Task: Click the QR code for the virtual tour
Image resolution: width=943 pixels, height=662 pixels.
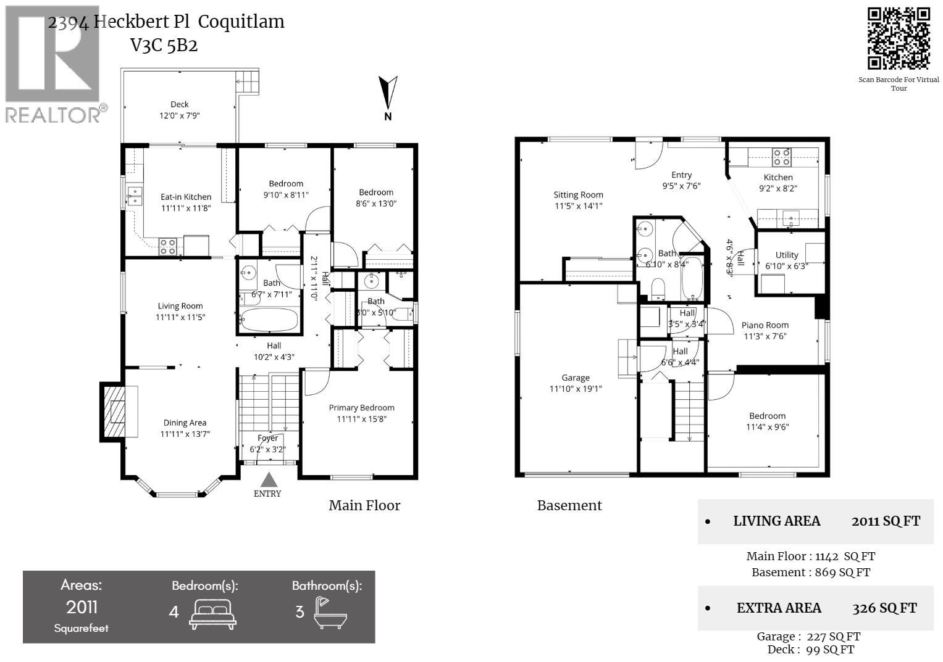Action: (899, 38)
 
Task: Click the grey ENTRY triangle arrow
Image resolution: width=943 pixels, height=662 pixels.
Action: (268, 480)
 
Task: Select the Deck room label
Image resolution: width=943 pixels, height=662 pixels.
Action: (180, 104)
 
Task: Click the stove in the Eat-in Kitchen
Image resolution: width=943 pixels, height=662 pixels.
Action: (167, 246)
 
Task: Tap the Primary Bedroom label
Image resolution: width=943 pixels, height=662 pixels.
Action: (361, 408)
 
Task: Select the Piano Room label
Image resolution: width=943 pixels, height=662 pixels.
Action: (765, 325)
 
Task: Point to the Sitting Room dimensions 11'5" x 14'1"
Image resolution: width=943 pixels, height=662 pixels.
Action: (578, 206)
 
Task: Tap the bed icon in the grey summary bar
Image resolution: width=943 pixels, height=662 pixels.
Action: (212, 613)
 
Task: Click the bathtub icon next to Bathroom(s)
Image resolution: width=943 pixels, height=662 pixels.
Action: (330, 613)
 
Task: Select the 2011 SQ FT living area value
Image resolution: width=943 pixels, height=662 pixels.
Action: (886, 521)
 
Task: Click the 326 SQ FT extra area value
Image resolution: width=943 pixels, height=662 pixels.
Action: (884, 608)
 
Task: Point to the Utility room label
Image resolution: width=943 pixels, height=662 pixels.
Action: (786, 255)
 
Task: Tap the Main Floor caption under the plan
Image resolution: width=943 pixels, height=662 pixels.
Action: (364, 506)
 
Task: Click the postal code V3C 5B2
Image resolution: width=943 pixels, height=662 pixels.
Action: (164, 46)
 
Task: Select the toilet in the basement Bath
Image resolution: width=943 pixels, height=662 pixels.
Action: (658, 288)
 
